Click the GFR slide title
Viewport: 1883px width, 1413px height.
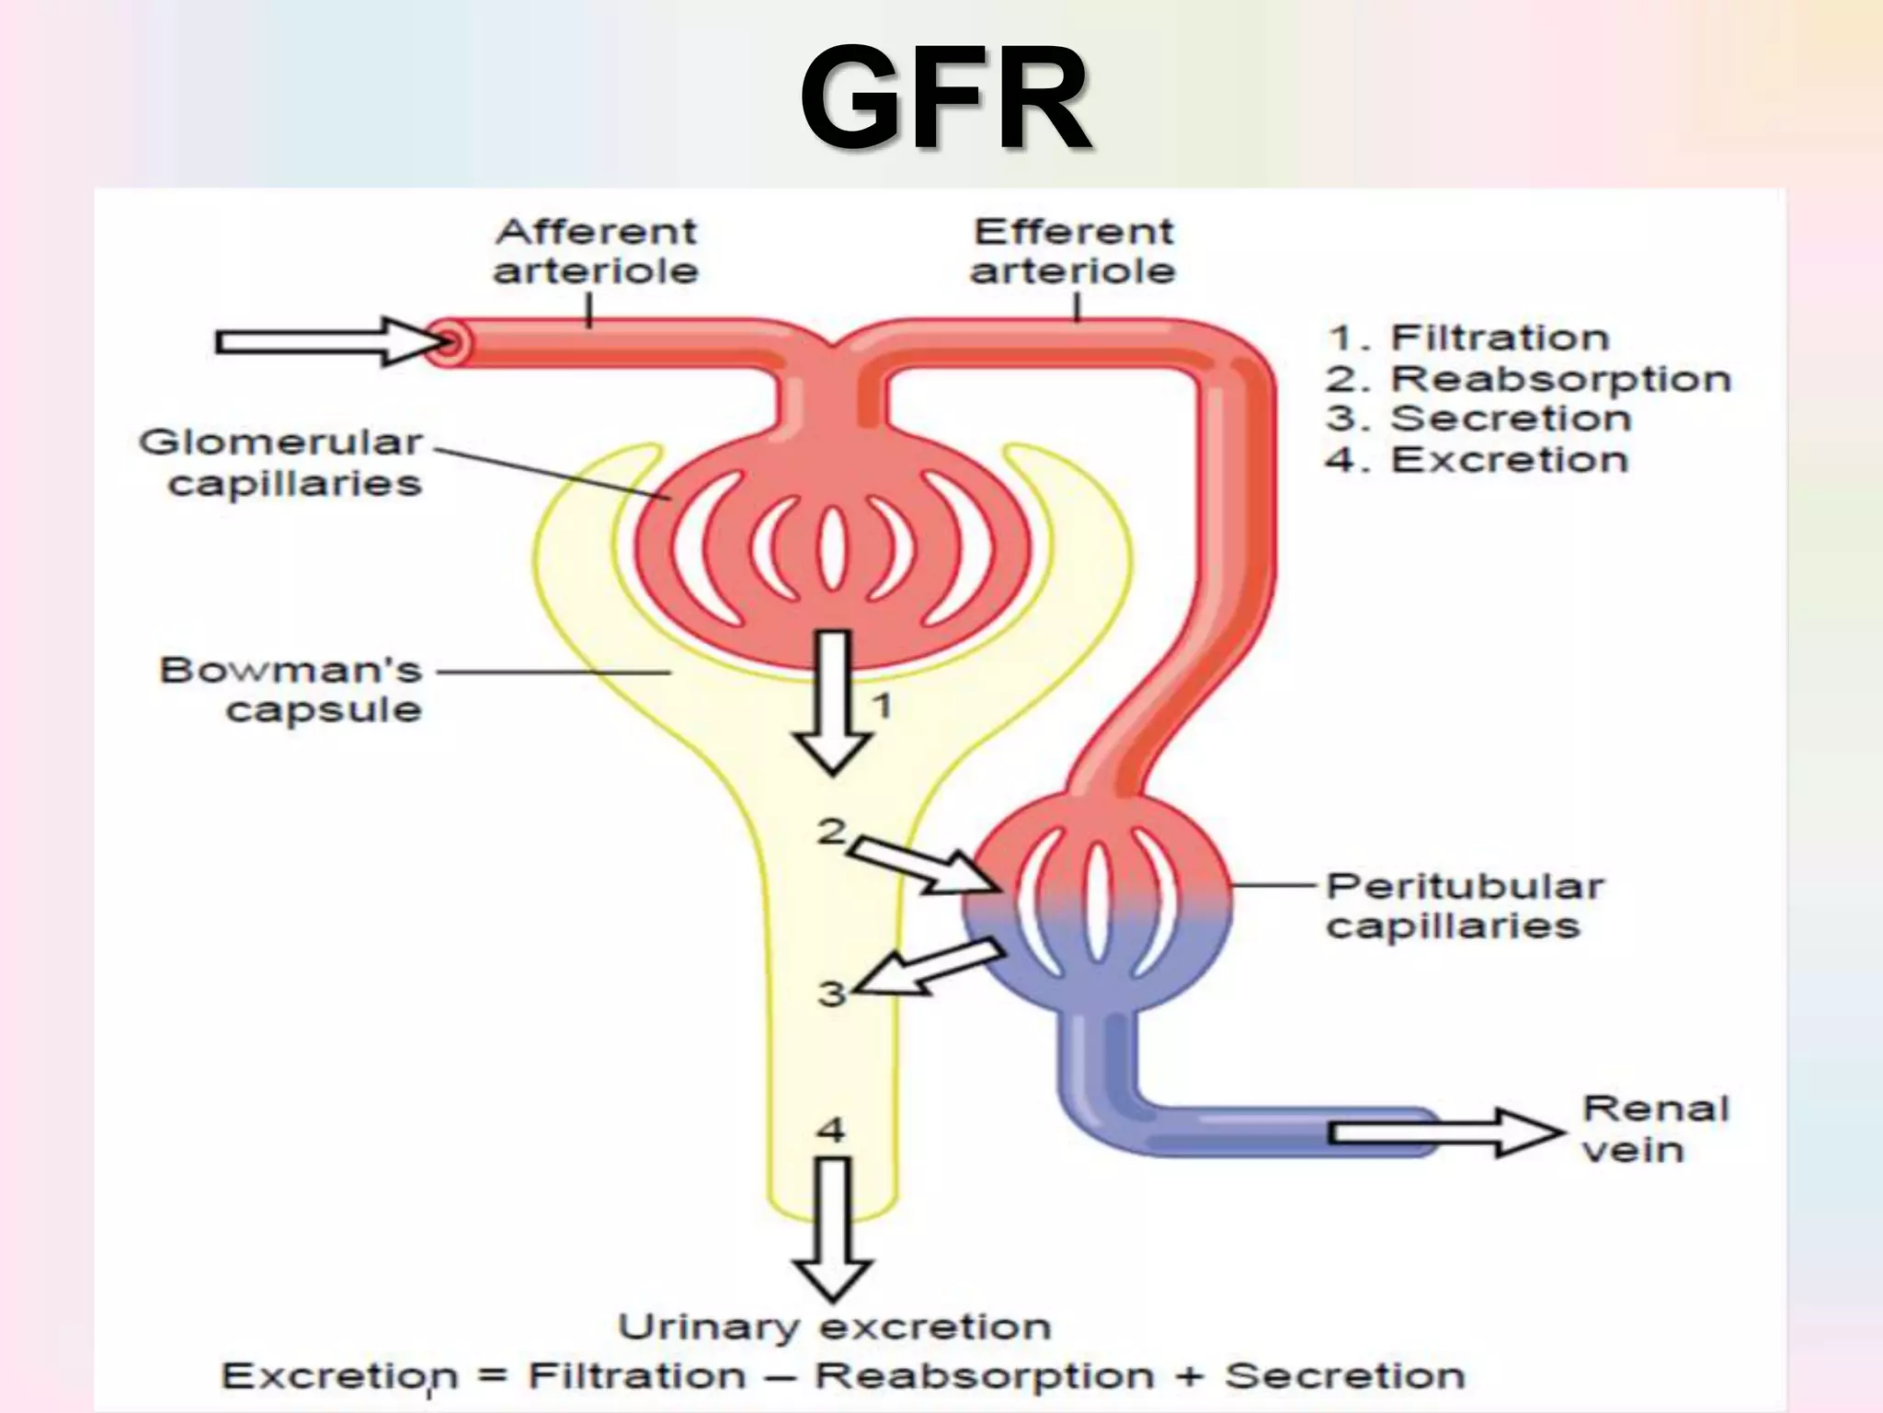point(946,99)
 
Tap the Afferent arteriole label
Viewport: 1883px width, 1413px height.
point(596,251)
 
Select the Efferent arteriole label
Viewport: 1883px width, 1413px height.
point(1073,251)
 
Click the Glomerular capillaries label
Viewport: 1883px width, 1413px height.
point(281,463)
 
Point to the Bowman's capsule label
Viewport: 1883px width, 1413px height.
point(292,689)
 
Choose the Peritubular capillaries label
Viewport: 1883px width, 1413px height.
point(1464,906)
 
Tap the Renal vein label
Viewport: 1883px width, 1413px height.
point(1653,1129)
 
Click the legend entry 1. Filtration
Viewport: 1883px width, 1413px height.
point(1468,338)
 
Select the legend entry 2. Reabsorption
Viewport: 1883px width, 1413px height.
point(1528,378)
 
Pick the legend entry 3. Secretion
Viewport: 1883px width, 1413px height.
point(1478,419)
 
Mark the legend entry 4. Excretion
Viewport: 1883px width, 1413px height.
point(1477,459)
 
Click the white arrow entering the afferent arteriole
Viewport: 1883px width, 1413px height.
point(331,342)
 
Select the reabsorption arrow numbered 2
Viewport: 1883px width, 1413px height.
point(924,868)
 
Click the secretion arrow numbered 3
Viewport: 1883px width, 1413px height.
point(929,969)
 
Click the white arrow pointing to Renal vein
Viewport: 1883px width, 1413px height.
point(1444,1132)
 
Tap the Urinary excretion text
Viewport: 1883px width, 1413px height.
point(834,1327)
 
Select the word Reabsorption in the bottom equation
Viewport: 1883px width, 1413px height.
point(984,1375)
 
